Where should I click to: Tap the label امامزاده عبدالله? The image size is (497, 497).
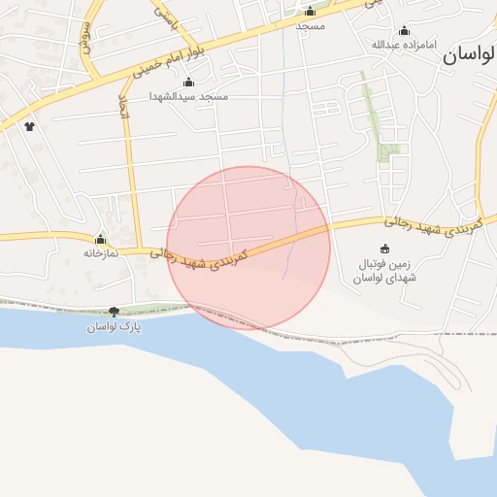[x=404, y=45]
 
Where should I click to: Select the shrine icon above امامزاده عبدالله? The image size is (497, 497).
[x=404, y=30]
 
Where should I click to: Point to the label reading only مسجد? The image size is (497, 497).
[x=310, y=25]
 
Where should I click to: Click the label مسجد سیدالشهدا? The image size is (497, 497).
[x=188, y=97]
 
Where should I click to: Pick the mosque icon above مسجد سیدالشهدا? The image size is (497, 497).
[x=188, y=83]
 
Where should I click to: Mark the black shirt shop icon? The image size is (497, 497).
[x=29, y=126]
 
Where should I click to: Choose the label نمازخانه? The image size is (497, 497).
[x=99, y=252]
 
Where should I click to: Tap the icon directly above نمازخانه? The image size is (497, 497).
[x=100, y=239]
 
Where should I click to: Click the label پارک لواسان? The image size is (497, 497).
[x=115, y=326]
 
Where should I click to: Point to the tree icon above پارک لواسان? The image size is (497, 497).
[x=115, y=312]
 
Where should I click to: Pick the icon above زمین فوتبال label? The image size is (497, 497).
[x=384, y=248]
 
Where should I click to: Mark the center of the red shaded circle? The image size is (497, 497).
[x=248, y=248]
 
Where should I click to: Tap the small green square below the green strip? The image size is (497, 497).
[x=389, y=151]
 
